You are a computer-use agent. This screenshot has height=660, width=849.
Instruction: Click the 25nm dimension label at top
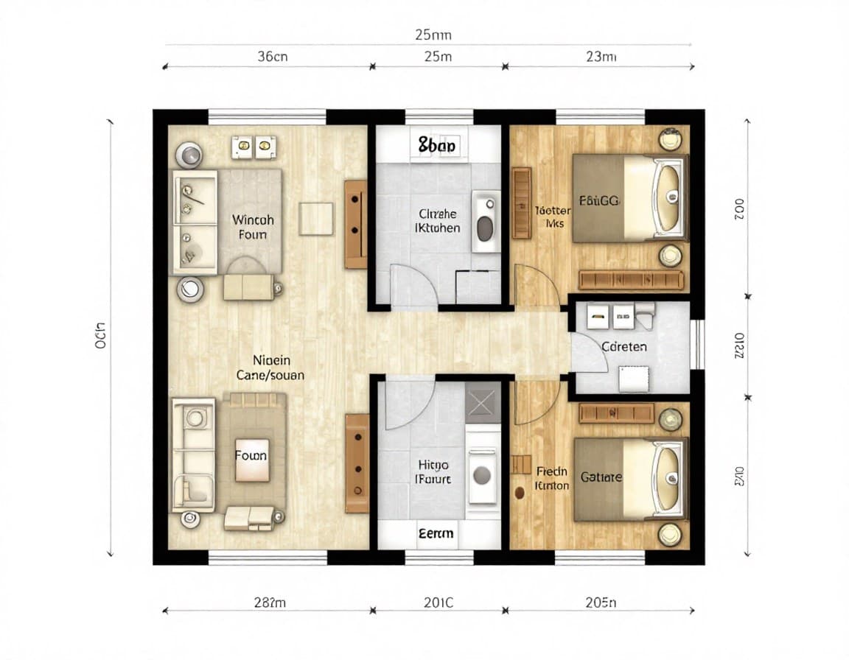[x=433, y=35]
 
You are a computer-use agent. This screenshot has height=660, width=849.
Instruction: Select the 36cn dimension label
[x=272, y=57]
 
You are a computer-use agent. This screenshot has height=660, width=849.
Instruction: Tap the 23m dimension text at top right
[x=600, y=57]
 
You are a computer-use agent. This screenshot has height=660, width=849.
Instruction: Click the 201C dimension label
[x=438, y=603]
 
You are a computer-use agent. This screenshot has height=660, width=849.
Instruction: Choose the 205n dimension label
[x=600, y=603]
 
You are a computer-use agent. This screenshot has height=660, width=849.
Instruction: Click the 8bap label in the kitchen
[x=437, y=146]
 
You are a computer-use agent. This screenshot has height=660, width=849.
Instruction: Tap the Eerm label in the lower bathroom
[x=436, y=533]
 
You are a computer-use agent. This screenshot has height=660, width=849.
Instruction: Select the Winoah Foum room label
[x=253, y=227]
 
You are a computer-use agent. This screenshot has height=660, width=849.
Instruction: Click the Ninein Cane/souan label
[x=270, y=368]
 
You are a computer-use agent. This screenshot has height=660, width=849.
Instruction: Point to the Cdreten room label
[x=624, y=346]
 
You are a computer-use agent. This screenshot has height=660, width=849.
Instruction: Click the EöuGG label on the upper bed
[x=598, y=200]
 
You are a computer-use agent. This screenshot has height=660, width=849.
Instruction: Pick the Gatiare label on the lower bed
[x=601, y=477]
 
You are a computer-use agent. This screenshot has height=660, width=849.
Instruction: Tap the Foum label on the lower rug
[x=251, y=455]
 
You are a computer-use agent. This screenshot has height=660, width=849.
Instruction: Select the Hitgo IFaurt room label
[x=433, y=472]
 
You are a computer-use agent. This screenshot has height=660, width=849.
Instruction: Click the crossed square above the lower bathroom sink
[x=483, y=403]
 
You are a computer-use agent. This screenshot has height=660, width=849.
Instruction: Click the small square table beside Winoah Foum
[x=316, y=219]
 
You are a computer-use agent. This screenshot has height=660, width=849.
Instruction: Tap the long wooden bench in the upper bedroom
[x=631, y=281]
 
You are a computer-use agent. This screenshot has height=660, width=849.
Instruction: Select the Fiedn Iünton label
[x=552, y=478]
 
